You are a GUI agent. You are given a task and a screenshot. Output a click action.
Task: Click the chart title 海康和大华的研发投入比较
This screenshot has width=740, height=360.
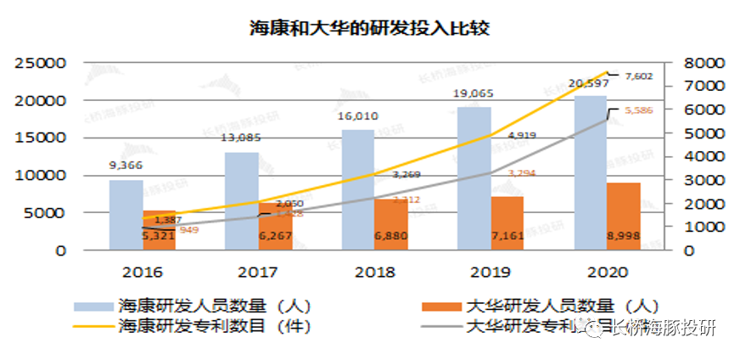pos(369,27)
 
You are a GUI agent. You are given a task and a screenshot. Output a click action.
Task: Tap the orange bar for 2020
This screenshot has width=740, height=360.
pos(624,217)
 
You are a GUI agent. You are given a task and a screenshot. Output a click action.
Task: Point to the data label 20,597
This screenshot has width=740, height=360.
pos(591,83)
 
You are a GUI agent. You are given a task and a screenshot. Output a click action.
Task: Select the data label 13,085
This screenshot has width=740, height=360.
pos(241,138)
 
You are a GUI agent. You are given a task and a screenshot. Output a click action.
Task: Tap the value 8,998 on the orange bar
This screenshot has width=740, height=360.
pos(624,234)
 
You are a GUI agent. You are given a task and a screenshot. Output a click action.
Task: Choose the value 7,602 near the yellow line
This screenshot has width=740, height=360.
pos(638,76)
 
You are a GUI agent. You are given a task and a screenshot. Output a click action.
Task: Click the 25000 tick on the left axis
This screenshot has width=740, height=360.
pos(43,64)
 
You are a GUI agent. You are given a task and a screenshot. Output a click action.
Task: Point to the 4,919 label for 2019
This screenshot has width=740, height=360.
pos(521,136)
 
